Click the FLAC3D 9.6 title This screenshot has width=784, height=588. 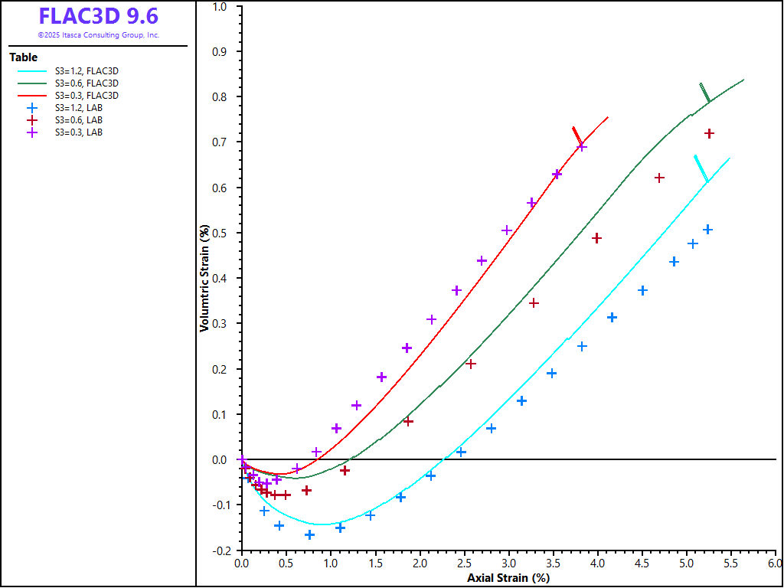pos(99,16)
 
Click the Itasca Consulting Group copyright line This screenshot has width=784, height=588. pos(99,35)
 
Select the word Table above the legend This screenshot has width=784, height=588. pos(23,57)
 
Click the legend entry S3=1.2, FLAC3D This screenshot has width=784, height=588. pos(87,70)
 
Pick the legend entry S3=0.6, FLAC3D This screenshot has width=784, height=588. pos(87,83)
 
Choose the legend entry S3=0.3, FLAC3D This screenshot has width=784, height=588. pos(87,95)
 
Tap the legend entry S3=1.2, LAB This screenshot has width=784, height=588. pos(79,108)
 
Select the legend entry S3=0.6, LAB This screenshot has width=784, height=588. pos(79,120)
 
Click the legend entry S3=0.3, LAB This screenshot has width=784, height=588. pos(79,132)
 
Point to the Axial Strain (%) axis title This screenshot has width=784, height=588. pos(508,578)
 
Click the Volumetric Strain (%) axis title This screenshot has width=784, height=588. pos(204,277)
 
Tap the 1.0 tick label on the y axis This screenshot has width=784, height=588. pos(220,7)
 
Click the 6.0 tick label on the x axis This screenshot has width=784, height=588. pos(776,563)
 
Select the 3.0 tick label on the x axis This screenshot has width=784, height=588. pos(508,563)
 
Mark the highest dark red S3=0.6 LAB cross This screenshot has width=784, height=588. pos(709,133)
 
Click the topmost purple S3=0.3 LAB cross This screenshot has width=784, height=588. pos(582,146)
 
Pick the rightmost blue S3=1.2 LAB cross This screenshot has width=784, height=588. pos(708,230)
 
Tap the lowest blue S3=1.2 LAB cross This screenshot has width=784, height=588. pos(310,534)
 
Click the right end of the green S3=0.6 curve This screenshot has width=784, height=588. pos(743,79)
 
